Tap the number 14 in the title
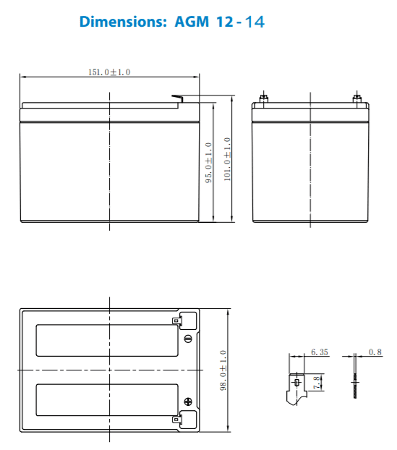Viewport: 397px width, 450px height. (254, 22)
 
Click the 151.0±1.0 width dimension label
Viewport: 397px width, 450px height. (108, 72)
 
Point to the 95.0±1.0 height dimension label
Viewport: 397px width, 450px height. (209, 163)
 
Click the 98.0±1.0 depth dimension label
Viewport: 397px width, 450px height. (223, 370)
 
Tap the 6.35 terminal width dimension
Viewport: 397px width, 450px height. (319, 352)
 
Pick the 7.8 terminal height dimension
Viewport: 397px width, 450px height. (317, 381)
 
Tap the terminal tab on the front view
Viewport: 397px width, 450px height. (177, 98)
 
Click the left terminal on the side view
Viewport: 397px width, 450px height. (264, 97)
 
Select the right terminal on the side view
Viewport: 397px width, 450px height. (355, 97)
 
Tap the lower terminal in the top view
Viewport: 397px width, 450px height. (176, 417)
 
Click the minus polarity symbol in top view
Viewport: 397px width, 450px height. (188, 338)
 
